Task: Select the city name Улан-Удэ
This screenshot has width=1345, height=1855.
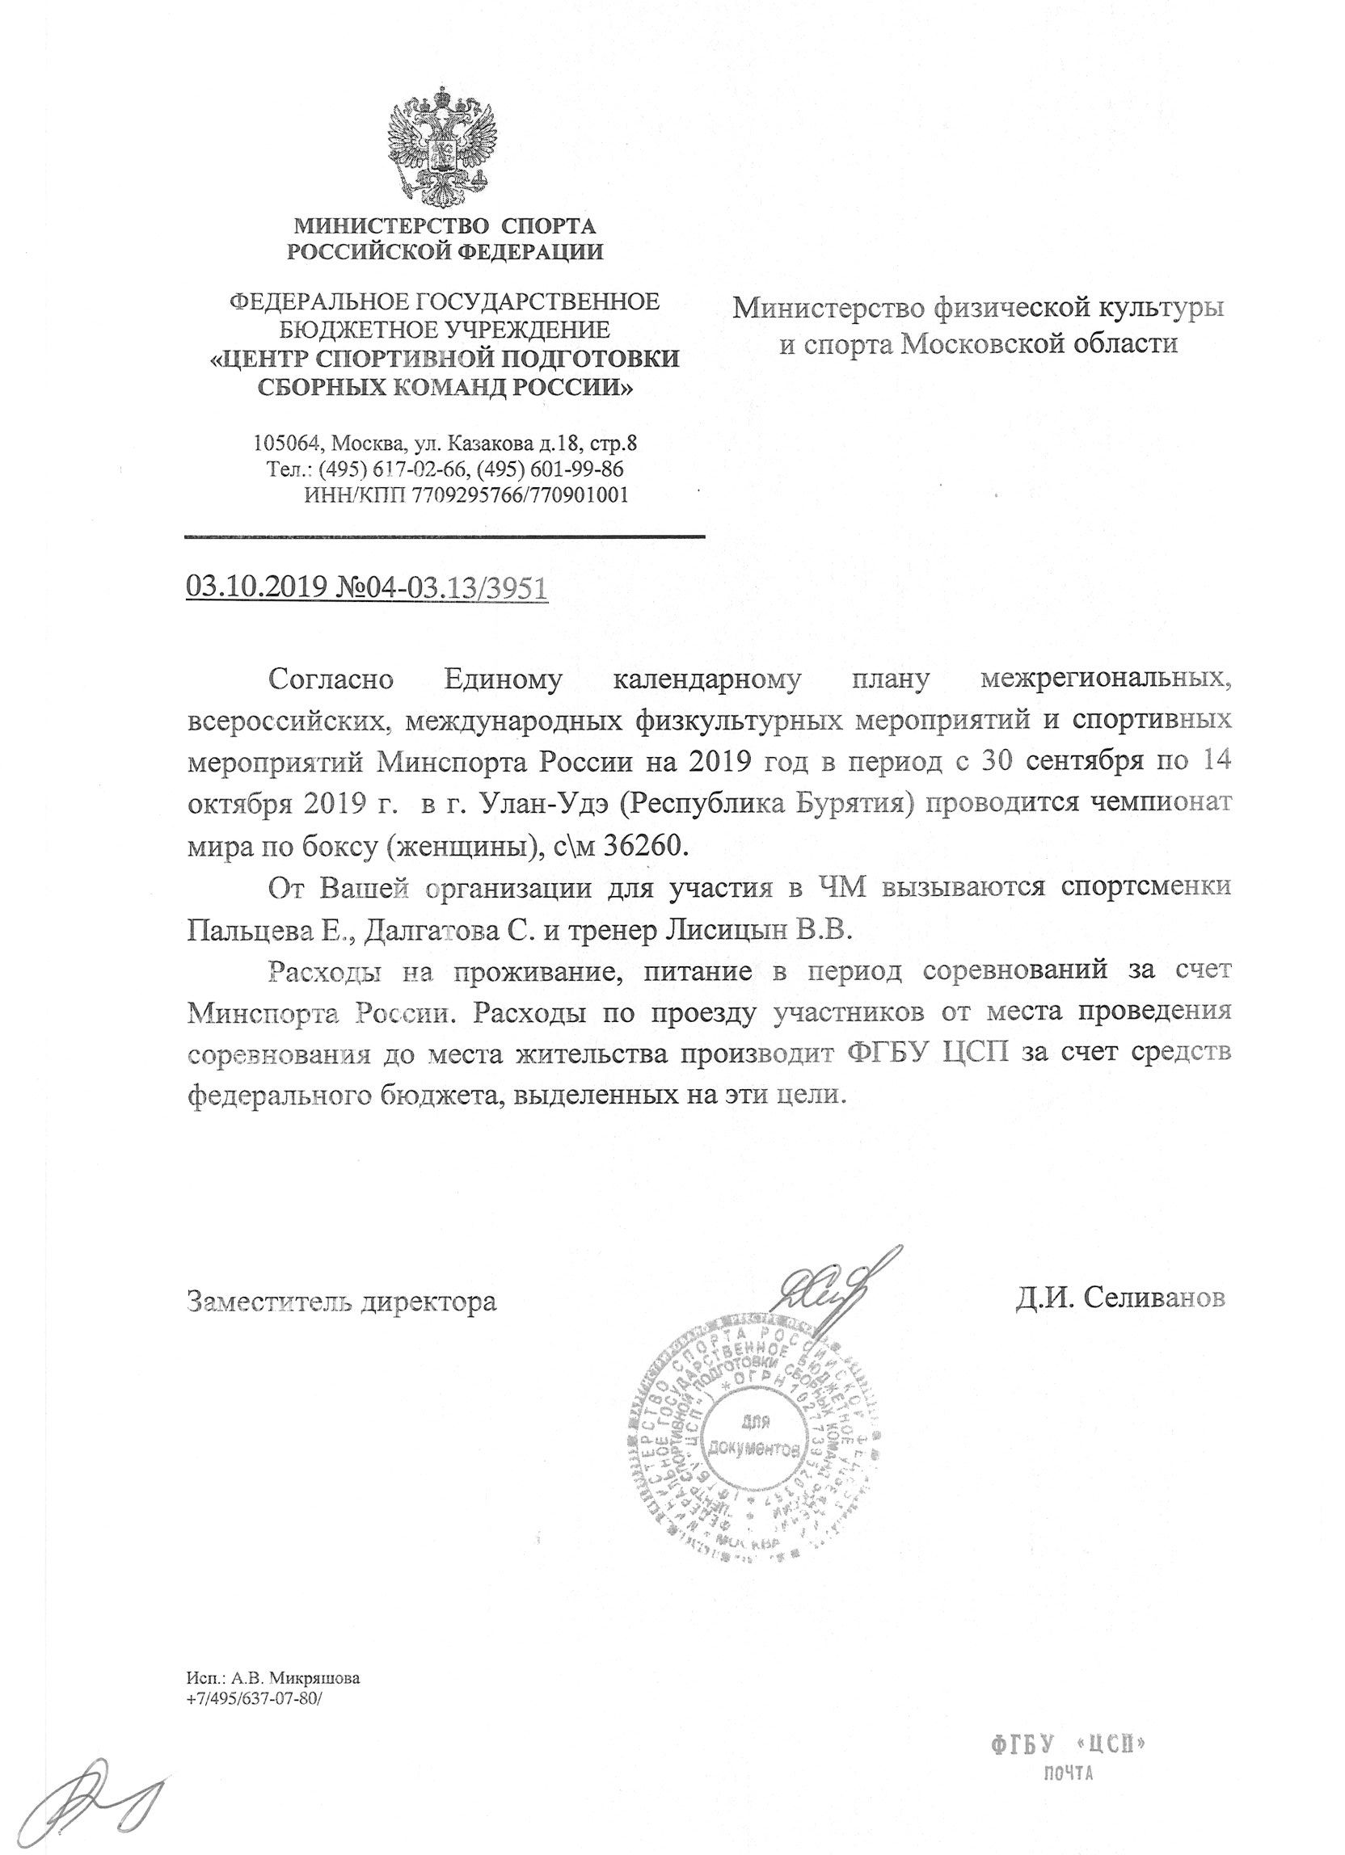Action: (x=541, y=805)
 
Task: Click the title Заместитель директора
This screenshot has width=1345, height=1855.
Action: (x=342, y=1301)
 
